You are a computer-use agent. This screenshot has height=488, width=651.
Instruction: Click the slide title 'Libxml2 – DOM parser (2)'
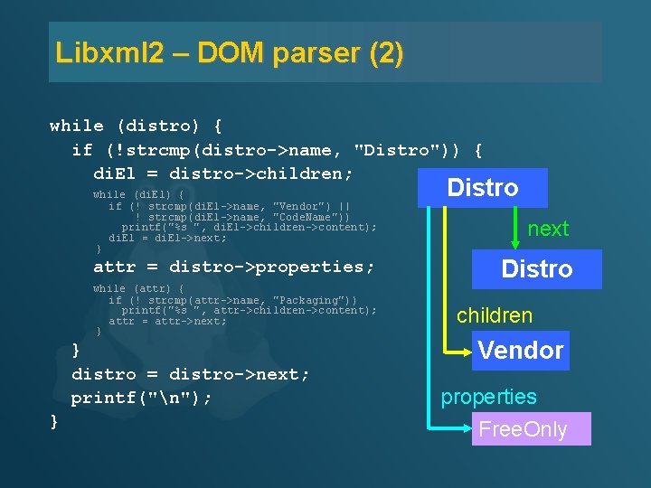click(x=230, y=52)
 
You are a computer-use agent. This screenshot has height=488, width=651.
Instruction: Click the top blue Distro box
click(x=483, y=188)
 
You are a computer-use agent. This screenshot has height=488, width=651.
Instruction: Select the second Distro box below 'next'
click(x=537, y=269)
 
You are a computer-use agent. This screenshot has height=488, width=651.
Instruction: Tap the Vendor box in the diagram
click(x=521, y=351)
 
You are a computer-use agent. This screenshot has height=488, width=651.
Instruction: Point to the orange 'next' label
click(x=548, y=229)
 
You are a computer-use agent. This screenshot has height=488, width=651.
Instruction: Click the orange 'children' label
click(x=495, y=315)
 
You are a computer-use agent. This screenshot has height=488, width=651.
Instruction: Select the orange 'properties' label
click(x=488, y=397)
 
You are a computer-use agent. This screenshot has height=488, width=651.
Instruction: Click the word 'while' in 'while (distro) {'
click(x=77, y=126)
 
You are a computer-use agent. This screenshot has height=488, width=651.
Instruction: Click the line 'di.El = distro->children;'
click(x=223, y=173)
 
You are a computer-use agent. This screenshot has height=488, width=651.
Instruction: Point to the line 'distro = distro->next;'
click(x=190, y=373)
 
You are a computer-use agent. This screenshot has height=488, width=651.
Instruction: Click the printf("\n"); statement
click(x=142, y=397)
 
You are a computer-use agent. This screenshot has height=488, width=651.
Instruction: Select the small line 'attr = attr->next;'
click(x=167, y=321)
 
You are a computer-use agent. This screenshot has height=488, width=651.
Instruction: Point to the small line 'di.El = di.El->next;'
click(x=167, y=238)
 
